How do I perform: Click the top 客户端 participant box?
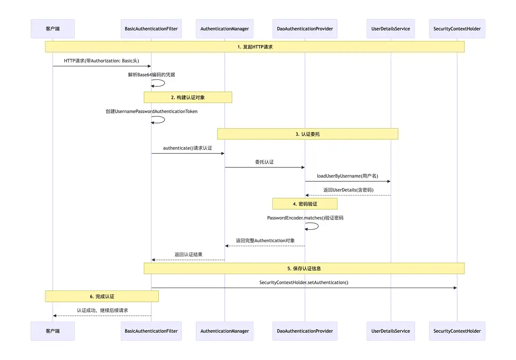click(x=53, y=29)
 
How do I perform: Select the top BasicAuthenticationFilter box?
click(x=151, y=29)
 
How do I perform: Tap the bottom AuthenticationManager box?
click(x=225, y=331)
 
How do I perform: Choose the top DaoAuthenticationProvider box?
click(x=305, y=29)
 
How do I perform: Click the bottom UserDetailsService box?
click(x=391, y=331)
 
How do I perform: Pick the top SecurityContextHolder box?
click(x=457, y=29)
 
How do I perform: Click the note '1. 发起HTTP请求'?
click(x=255, y=47)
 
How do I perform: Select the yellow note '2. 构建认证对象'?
click(x=188, y=97)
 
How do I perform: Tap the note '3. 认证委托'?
click(x=307, y=134)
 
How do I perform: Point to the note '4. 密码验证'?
click(x=305, y=204)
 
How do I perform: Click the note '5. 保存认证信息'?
click(x=304, y=268)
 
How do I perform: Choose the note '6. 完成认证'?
click(x=102, y=297)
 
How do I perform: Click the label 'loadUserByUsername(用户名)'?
click(x=347, y=176)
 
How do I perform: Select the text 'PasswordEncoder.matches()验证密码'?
click(x=305, y=218)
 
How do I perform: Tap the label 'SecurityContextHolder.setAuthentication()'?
click(x=304, y=282)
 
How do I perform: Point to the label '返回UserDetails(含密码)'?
click(x=348, y=190)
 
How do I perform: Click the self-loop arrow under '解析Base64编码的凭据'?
click(x=159, y=83)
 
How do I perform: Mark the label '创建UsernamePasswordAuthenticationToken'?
click(x=151, y=111)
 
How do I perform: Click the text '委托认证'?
click(x=264, y=162)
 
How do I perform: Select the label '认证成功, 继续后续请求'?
click(x=102, y=310)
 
